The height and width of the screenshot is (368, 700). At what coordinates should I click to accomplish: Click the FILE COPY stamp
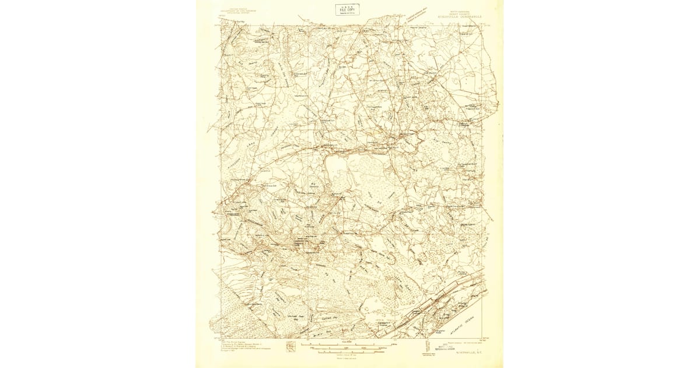347,9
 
